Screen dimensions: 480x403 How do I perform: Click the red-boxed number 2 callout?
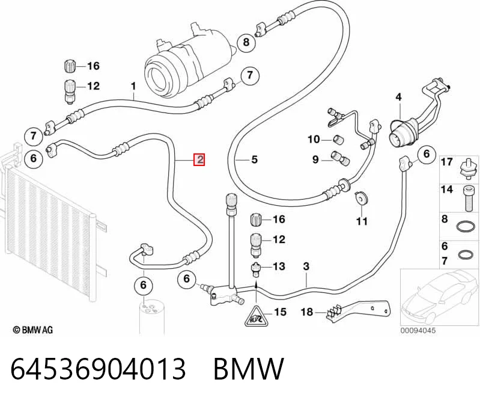pos(199,159)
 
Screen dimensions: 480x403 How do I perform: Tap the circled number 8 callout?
pos(246,42)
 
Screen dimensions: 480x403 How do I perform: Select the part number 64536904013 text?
pos(99,368)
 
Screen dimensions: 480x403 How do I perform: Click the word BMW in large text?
pos(249,368)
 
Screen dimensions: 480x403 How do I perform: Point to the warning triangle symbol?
pos(255,316)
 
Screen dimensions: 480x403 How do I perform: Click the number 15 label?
pos(280,312)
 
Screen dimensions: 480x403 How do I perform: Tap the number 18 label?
pos(307,312)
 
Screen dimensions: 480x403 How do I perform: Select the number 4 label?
pos(398,97)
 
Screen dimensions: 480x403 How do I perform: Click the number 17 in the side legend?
pos(446,162)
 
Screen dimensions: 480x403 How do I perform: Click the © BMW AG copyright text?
pos(33,330)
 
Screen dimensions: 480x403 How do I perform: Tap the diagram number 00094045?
pos(418,330)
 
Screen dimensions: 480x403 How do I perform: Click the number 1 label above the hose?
pos(133,87)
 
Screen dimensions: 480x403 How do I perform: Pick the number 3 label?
pos(306,266)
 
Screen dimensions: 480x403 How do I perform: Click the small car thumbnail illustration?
pos(439,297)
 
